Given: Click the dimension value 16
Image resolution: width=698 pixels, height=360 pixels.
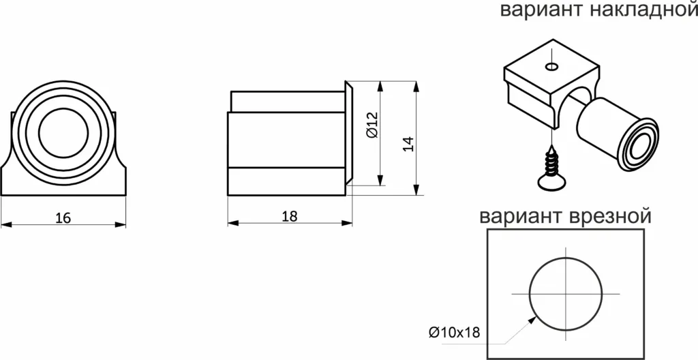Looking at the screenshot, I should click(63, 218).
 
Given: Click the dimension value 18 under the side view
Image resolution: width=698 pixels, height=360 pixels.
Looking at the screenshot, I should click(289, 216).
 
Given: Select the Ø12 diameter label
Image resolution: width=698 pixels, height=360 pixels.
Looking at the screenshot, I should click(372, 126).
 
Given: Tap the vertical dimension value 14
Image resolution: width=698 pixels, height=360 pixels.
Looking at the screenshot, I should click(408, 144).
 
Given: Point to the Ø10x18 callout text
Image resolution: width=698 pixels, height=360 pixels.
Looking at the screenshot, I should click(455, 333).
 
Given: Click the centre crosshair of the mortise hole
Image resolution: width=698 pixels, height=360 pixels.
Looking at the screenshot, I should click(566, 293).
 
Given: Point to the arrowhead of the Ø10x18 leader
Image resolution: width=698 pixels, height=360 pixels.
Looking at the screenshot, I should click(533, 316).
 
